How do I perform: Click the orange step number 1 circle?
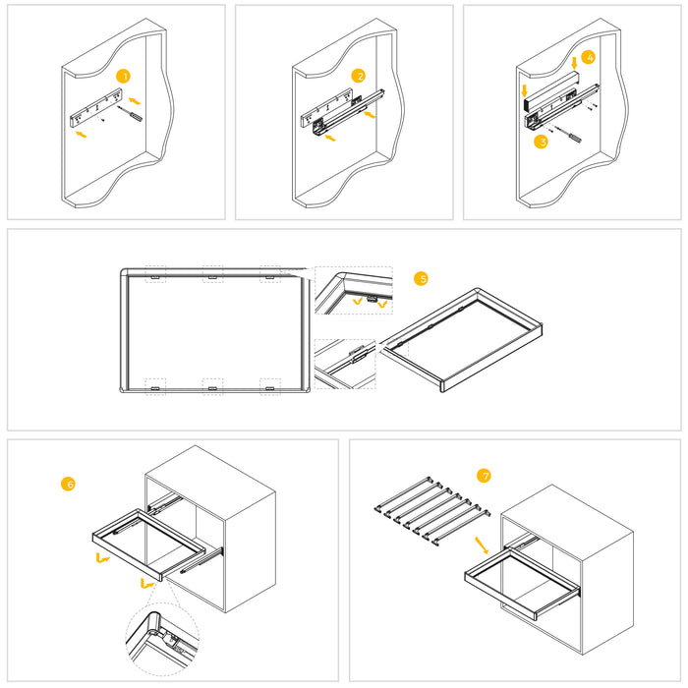point(123,76)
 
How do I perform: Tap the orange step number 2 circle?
point(360,76)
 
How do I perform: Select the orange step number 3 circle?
point(541,142)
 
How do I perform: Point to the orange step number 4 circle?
point(588,57)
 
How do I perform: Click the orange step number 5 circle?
point(422,279)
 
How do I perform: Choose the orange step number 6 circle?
point(68,484)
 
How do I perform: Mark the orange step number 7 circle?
point(484,476)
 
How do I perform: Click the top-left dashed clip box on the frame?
point(155,274)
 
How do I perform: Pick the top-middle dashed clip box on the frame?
point(212,274)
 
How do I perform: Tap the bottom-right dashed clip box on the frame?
point(269,386)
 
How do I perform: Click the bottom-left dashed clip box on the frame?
point(155,386)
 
